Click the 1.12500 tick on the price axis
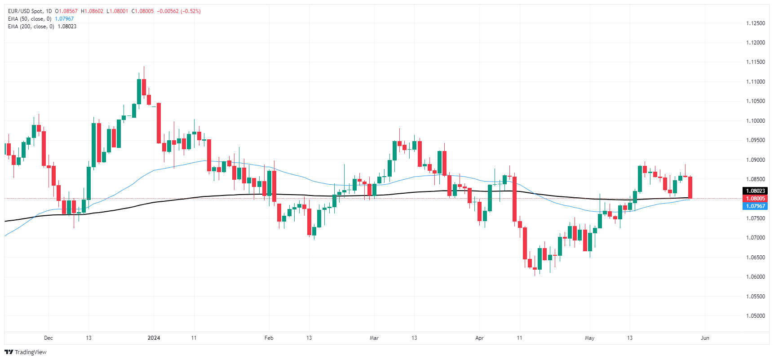[755, 23]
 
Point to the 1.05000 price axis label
[755, 316]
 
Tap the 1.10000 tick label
[755, 121]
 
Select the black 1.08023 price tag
[755, 191]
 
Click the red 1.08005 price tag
[755, 199]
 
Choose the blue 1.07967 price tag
[755, 206]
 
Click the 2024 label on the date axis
[154, 338]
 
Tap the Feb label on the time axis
[269, 338]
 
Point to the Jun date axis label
[705, 338]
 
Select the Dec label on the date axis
[49, 338]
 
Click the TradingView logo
[26, 352]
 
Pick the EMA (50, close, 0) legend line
[30, 19]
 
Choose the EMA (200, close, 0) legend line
[31, 27]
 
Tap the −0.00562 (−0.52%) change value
[179, 11]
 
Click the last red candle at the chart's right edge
[690, 187]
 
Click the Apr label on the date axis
[479, 338]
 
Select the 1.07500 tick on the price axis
[755, 218]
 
